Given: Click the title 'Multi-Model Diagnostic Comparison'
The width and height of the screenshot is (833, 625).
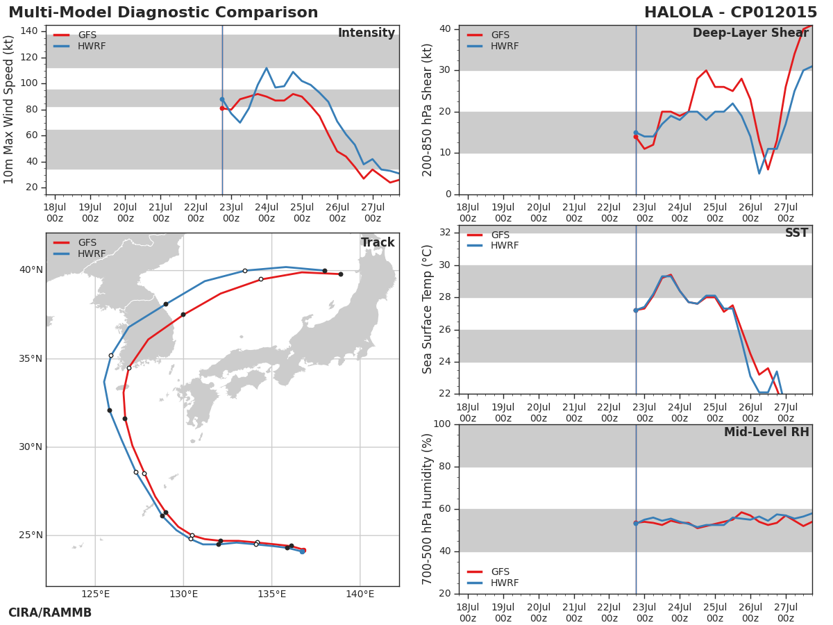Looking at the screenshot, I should click(163, 12).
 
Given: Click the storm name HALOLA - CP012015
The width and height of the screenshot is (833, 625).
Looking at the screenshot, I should click(730, 12).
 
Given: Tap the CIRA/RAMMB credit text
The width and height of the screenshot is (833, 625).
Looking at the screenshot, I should click(50, 612).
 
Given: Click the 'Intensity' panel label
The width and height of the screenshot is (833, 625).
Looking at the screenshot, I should click(366, 33).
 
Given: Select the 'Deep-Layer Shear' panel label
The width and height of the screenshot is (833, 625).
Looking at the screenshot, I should click(750, 33).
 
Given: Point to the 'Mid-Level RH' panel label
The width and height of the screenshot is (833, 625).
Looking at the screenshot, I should click(766, 432).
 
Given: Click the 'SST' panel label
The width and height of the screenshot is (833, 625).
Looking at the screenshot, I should click(796, 233).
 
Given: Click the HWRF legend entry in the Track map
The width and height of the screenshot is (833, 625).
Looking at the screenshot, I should click(91, 254).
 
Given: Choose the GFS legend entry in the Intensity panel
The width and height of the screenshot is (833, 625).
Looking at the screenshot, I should click(87, 35).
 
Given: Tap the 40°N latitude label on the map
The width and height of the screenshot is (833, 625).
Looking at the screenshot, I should click(31, 270).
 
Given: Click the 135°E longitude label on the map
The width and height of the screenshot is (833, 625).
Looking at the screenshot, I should click(271, 594).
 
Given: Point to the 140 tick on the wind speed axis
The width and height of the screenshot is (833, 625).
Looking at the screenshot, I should click(29, 31).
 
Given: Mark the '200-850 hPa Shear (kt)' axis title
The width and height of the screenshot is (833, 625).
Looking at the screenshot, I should click(428, 110).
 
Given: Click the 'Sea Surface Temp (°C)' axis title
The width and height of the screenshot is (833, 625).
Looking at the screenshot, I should click(428, 309).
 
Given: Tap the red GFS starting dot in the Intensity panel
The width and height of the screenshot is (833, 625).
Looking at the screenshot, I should click(222, 108).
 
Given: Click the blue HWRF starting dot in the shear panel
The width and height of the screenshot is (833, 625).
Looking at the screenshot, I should click(635, 133).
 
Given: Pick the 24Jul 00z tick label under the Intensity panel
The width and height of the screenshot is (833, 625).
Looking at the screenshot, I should click(267, 212).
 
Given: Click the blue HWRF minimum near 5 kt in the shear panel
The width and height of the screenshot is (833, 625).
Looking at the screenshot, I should click(759, 173).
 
